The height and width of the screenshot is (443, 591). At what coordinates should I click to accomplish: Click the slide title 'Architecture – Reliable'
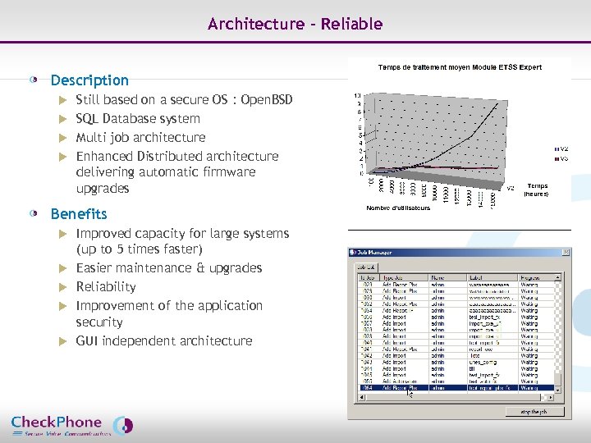295,24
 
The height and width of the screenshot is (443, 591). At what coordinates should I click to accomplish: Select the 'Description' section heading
89,80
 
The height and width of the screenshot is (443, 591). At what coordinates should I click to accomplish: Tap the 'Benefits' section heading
79,214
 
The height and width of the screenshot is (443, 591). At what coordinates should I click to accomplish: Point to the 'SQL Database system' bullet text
138,119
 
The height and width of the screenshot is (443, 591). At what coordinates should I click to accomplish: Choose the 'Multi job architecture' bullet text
140,137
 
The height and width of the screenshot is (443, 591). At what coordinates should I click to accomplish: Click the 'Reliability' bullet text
106,286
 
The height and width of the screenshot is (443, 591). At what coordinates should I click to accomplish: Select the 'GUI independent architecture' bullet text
164,340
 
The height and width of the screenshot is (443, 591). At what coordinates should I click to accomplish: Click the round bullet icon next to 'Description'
34,80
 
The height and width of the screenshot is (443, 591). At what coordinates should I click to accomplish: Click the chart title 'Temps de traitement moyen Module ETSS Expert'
459,67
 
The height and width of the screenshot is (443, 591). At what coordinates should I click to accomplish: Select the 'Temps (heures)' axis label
537,190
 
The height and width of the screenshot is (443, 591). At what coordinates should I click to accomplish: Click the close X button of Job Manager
566,252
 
